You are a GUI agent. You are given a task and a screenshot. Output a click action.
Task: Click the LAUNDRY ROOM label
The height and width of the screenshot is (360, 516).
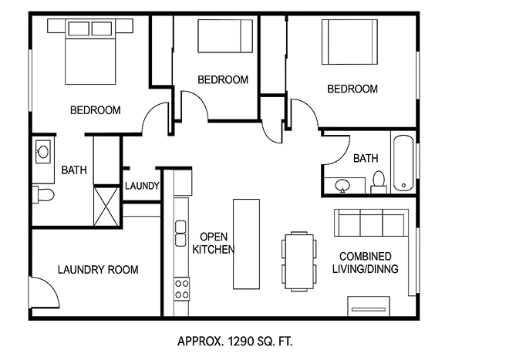coord(98,270)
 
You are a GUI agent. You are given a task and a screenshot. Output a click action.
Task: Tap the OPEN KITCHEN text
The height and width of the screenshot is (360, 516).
coord(214,243)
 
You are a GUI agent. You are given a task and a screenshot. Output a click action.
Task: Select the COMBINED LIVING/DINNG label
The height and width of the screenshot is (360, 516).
coord(366,263)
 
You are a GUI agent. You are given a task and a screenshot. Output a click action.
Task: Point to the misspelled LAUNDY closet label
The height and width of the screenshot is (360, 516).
coord(142,186)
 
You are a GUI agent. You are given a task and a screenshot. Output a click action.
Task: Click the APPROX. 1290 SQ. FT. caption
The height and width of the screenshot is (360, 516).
coord(235,341)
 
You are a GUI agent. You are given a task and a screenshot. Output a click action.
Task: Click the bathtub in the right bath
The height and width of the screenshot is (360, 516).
coord(403,163)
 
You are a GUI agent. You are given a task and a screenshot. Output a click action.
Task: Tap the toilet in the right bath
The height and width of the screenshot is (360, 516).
coord(379,182)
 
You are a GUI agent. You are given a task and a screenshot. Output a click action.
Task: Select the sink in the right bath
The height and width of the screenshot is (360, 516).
coord(342,186)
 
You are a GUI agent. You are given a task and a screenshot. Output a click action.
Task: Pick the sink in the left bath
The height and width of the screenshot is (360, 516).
coord(43,152)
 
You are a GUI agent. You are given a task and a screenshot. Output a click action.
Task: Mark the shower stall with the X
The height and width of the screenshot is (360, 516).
coord(106,206)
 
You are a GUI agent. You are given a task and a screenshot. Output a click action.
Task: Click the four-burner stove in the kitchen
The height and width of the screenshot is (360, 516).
coord(182,288)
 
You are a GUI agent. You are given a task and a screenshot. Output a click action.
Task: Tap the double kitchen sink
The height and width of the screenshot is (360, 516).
coord(180,234)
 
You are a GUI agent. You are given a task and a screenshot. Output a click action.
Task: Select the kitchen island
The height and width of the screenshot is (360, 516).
coord(247,244)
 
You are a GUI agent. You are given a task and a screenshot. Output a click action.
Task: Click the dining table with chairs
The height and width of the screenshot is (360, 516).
coord(299,261)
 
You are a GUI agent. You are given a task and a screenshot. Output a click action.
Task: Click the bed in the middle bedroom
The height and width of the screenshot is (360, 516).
coord(225,36)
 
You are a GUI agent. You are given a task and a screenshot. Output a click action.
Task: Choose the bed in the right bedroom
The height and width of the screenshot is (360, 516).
coord(349,42)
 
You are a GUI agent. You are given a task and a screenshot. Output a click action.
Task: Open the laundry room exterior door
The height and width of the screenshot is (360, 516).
coord(45,292)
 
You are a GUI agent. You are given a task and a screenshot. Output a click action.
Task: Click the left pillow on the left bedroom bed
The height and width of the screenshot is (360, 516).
coord(79,29)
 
